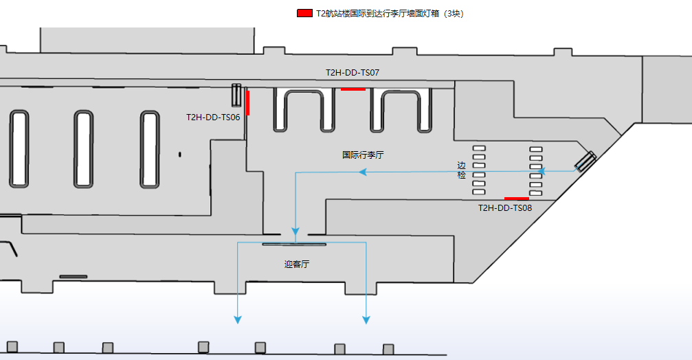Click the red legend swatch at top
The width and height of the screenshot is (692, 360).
coord(304,13)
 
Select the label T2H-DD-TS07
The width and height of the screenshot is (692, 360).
coord(353,72)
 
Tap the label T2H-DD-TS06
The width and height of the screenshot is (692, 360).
coord(213,117)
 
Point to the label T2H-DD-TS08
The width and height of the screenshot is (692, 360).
coord(505,207)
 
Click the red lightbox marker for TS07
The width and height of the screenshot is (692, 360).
coord(353,89)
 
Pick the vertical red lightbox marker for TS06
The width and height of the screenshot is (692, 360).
coord(247,102)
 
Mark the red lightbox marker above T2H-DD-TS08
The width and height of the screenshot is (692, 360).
coord(517,199)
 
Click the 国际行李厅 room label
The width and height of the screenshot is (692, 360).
coord(363,155)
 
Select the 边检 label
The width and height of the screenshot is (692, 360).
coord(461,170)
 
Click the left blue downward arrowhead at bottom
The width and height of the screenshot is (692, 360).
coord(238,319)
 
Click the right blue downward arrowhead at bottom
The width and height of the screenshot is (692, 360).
coord(366,319)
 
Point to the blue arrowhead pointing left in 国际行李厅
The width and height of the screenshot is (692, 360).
coord(364,172)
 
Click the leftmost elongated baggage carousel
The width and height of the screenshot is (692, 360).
coord(19,149)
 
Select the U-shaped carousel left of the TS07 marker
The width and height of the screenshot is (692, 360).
coord(304,110)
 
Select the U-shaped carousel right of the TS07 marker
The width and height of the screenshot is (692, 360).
coord(401,110)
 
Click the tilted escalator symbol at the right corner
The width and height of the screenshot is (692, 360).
coord(585,161)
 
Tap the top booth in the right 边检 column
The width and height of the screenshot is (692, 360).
coord(536,148)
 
